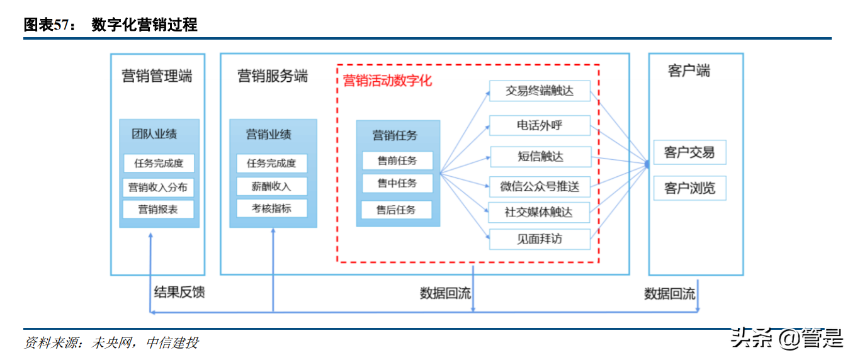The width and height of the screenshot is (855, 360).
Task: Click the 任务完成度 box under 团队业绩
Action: pos(159,163)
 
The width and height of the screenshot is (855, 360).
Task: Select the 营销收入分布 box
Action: pos(159,187)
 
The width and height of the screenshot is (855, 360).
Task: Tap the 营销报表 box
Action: pos(159,210)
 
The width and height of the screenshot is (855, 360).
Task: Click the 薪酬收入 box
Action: pos(272,186)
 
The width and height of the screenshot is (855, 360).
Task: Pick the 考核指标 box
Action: pos(272,208)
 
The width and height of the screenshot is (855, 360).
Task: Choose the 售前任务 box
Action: pos(397,160)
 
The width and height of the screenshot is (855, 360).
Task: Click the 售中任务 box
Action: pos(397,183)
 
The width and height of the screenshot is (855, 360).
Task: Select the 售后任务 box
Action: pos(397,210)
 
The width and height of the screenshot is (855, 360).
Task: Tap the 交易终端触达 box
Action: pos(540,91)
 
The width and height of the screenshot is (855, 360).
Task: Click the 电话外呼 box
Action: pos(540,125)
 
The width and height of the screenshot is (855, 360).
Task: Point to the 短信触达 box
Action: pos(540,156)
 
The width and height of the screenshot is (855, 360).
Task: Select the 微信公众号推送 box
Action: pos(540,186)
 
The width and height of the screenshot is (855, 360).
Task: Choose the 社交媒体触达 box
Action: pos(540,212)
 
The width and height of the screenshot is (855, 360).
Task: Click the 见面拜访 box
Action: pos(540,239)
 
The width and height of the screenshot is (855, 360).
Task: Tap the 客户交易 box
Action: pos(689,152)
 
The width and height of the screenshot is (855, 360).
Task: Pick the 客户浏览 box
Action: pos(689,188)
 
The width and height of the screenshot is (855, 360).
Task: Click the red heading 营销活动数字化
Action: pos(387,81)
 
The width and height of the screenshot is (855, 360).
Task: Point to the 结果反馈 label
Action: pos(179,292)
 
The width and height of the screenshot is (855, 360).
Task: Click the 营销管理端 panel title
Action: pos(157,76)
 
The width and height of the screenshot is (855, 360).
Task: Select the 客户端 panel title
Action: pos(689,70)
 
